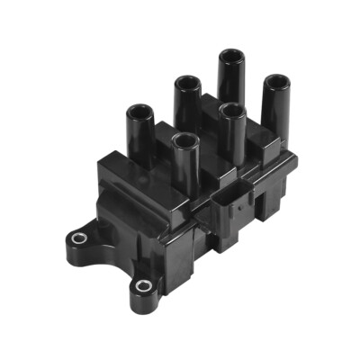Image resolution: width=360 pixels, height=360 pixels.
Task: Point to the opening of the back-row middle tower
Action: [186, 83]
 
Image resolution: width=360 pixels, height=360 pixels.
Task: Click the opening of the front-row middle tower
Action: [232, 112]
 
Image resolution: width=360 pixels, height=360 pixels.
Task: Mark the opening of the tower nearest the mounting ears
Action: [184, 140]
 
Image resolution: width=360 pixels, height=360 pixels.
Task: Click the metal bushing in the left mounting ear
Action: [78, 238]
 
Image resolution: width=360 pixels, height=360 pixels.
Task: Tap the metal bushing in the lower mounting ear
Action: [141, 286]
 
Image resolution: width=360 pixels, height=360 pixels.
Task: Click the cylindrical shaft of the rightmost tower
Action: [276, 112]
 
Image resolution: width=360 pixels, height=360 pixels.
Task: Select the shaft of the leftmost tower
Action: [140, 135]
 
